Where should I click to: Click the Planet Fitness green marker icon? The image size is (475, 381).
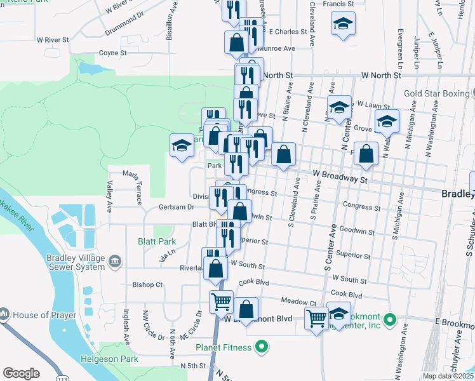(260, 347)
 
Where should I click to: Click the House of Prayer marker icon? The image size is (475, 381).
(4, 314)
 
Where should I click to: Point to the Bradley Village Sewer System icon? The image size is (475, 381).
(115, 261)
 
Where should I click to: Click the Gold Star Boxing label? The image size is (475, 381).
(434, 93)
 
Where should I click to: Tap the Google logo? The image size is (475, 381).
(21, 373)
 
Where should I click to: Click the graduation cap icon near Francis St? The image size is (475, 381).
(343, 25)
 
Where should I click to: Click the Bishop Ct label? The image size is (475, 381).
(147, 284)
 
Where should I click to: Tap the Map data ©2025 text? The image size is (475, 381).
(448, 376)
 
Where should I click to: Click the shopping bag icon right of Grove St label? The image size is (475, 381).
(366, 153)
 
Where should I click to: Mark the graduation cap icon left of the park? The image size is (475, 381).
(182, 145)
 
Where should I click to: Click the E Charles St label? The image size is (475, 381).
(288, 30)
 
